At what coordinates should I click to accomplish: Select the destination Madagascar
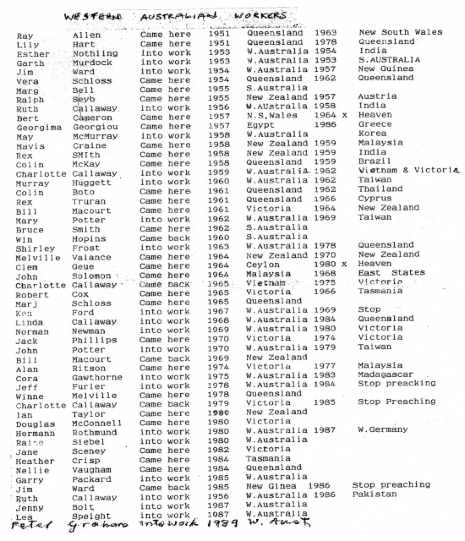[x=385, y=374]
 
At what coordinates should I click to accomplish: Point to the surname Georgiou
[x=95, y=127]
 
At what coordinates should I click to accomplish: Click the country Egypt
[x=260, y=125]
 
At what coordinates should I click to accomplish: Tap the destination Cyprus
[x=375, y=198]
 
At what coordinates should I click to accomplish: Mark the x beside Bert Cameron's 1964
[x=345, y=115]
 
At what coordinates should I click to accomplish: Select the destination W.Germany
[x=383, y=429]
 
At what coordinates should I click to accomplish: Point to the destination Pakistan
[x=374, y=494]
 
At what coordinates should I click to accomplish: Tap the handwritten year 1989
[x=223, y=523]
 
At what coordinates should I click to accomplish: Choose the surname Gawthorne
[x=97, y=378]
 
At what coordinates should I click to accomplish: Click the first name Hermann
[x=35, y=434]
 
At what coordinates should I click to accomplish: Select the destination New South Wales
[x=401, y=32]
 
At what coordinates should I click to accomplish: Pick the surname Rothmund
[x=94, y=433]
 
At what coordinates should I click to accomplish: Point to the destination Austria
[x=377, y=96]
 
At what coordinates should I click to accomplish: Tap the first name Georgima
[x=39, y=128]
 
